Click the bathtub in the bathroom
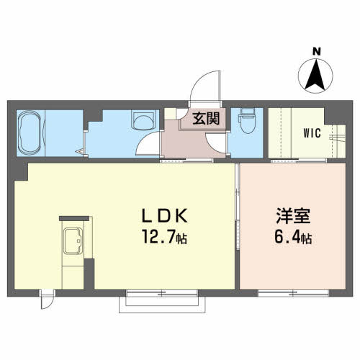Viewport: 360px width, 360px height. [x=30, y=132]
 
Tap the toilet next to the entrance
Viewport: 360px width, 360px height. [x=247, y=120]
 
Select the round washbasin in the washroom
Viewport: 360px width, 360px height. [x=143, y=120]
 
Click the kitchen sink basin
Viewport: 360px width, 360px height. [x=73, y=240]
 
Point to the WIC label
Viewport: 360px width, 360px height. [x=312, y=133]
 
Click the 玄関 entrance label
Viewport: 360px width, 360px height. [x=207, y=118]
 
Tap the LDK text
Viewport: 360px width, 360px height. [x=165, y=216]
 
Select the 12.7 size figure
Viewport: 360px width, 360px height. [x=159, y=236]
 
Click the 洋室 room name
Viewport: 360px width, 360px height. [x=293, y=216]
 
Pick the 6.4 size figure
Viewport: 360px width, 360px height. [x=287, y=237]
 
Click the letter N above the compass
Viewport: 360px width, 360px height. [x=317, y=52]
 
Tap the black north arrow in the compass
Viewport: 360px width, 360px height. [x=316, y=74]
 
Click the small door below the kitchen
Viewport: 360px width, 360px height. [x=48, y=300]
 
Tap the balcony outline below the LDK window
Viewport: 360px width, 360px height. [x=162, y=310]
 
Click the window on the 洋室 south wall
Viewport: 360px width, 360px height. [x=293, y=293]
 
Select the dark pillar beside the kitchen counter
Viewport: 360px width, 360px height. [x=89, y=274]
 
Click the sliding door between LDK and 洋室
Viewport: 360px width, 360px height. [x=238, y=207]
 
